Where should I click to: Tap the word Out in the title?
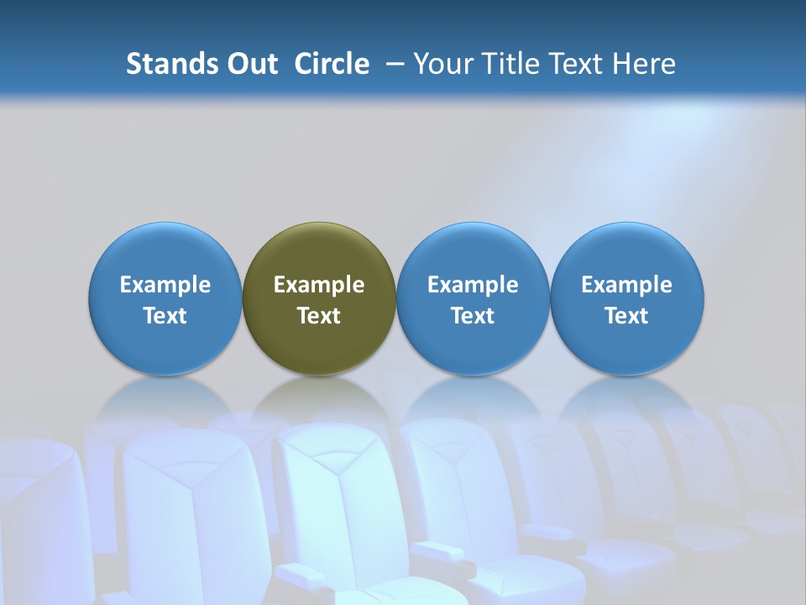pyautogui.click(x=251, y=64)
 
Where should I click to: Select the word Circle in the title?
pyautogui.click(x=332, y=64)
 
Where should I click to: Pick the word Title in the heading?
pyautogui.click(x=507, y=64)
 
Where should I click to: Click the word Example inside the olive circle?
pyautogui.click(x=319, y=285)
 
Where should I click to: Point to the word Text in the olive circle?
pyautogui.click(x=319, y=316)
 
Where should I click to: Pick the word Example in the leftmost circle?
pyautogui.click(x=165, y=285)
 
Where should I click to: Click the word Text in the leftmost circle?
pyautogui.click(x=165, y=316)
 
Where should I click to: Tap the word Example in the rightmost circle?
pyautogui.click(x=626, y=285)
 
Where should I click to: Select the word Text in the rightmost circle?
pyautogui.click(x=626, y=316)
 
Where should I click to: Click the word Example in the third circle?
pyautogui.click(x=473, y=285)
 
